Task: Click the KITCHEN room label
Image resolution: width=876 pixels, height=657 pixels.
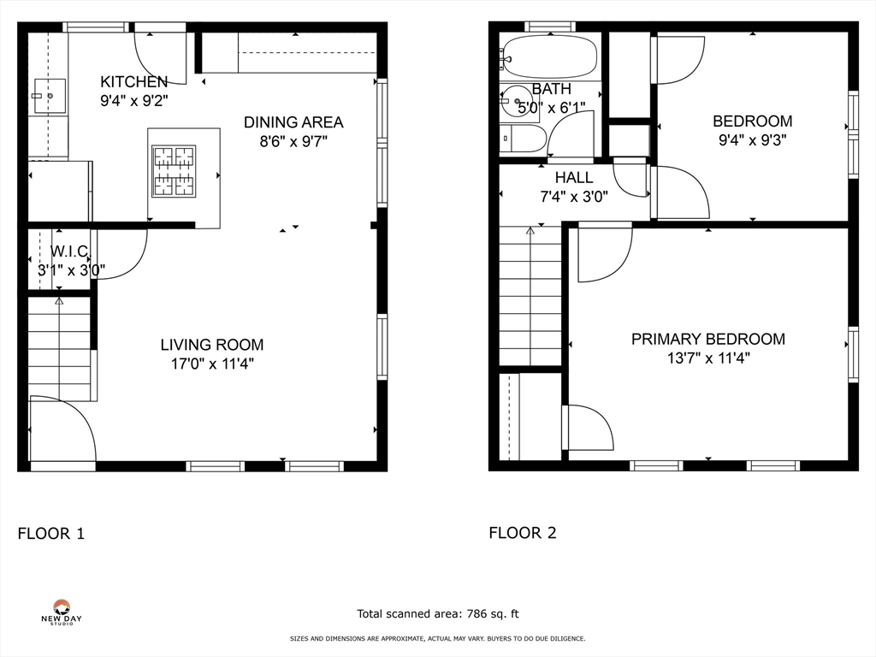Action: pos(134,82)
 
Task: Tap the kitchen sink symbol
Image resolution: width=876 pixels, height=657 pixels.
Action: pos(50,96)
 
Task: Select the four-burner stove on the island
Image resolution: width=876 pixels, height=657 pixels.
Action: pos(174,171)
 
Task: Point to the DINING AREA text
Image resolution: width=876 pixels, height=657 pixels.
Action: pos(293,122)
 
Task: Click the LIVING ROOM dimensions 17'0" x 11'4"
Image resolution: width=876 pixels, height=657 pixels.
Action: pos(212,364)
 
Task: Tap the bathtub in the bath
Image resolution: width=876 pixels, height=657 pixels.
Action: pos(547,56)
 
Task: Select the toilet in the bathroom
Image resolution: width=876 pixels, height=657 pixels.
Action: pos(523,138)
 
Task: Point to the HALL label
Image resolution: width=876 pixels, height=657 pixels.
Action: pos(574,178)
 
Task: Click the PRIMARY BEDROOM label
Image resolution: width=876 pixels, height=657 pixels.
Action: pos(707,339)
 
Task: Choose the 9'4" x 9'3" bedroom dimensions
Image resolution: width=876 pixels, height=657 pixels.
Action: pos(753,139)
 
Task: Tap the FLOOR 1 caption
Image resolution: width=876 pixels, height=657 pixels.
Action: pos(50,534)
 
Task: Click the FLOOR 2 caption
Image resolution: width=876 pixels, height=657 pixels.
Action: pos(523,533)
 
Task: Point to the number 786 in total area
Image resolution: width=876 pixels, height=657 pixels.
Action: pos(475,614)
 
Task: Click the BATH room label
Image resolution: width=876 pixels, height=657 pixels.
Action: pos(552,89)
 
